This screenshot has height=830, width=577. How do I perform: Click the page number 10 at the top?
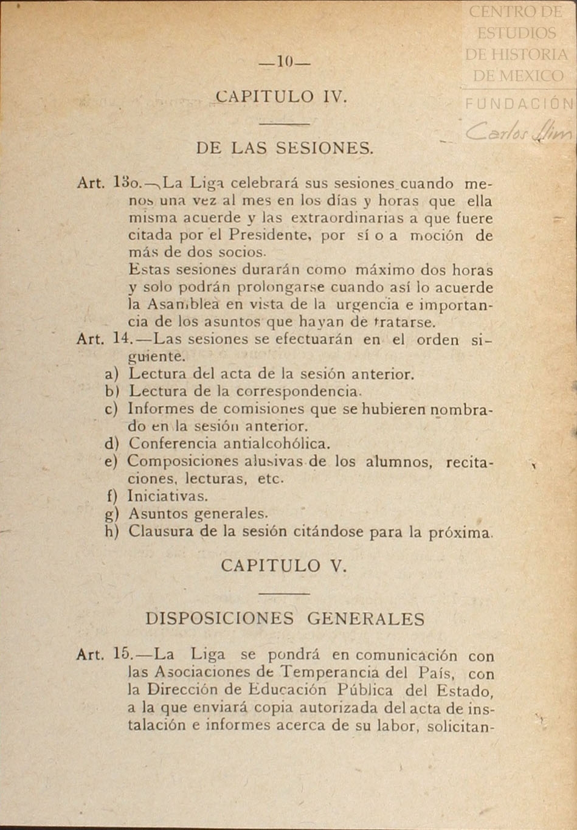[285, 61]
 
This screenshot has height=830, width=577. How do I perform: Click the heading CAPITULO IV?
[282, 97]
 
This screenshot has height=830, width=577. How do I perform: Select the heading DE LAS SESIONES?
[285, 148]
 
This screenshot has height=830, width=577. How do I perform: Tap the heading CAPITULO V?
[283, 565]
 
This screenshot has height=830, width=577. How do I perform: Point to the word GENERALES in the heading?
[366, 618]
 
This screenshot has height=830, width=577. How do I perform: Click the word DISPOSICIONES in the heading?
[219, 618]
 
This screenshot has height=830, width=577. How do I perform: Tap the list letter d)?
[111, 444]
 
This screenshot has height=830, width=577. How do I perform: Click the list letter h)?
[111, 531]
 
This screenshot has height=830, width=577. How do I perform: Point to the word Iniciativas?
[167, 496]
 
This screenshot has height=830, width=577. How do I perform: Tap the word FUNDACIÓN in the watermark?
[520, 104]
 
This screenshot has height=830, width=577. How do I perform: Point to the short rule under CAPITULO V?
[284, 593]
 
